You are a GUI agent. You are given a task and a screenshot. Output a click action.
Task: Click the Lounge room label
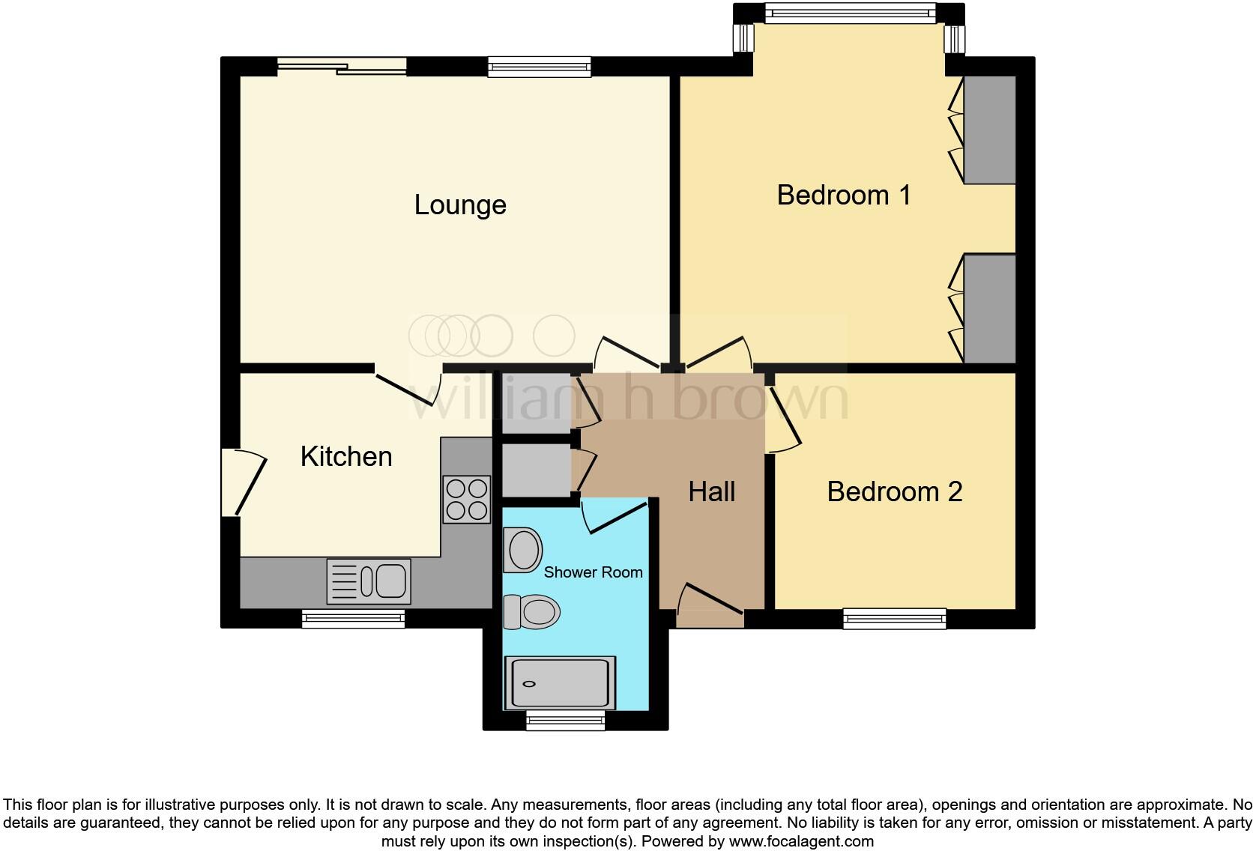point(460,205)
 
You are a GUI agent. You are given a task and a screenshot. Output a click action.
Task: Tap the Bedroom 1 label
point(844,195)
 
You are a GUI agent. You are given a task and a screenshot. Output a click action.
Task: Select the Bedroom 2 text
point(894,491)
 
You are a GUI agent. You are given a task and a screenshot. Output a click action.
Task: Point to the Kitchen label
point(346,456)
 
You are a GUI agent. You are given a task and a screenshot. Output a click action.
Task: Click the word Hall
point(711,491)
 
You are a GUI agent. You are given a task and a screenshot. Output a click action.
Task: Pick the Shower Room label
point(593,572)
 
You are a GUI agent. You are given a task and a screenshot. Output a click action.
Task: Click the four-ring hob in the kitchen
point(466,500)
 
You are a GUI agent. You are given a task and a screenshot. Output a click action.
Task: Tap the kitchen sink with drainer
point(369,581)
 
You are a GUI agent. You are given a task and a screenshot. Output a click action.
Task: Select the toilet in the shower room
point(532,612)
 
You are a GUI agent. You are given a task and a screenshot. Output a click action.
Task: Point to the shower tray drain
point(530,684)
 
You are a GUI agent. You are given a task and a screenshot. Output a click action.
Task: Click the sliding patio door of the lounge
point(342,67)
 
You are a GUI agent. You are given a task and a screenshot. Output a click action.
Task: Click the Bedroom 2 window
point(894,619)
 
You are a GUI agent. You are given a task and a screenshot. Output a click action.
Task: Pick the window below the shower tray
point(565,722)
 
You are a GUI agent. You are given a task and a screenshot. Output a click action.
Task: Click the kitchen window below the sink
point(353,619)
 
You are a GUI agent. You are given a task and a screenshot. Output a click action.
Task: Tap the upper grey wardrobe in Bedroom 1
point(989,130)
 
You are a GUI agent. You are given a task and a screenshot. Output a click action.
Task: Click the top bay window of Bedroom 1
point(850,13)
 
